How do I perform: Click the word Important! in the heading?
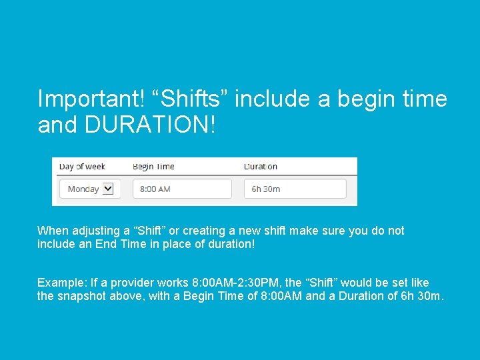[x=90, y=99]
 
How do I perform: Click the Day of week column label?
[x=82, y=167]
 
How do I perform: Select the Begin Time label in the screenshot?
[x=153, y=167]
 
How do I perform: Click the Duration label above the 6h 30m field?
[x=261, y=167]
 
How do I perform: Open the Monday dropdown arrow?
[x=108, y=189]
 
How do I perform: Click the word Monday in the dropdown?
[x=83, y=189]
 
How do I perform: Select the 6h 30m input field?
[x=295, y=189]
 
